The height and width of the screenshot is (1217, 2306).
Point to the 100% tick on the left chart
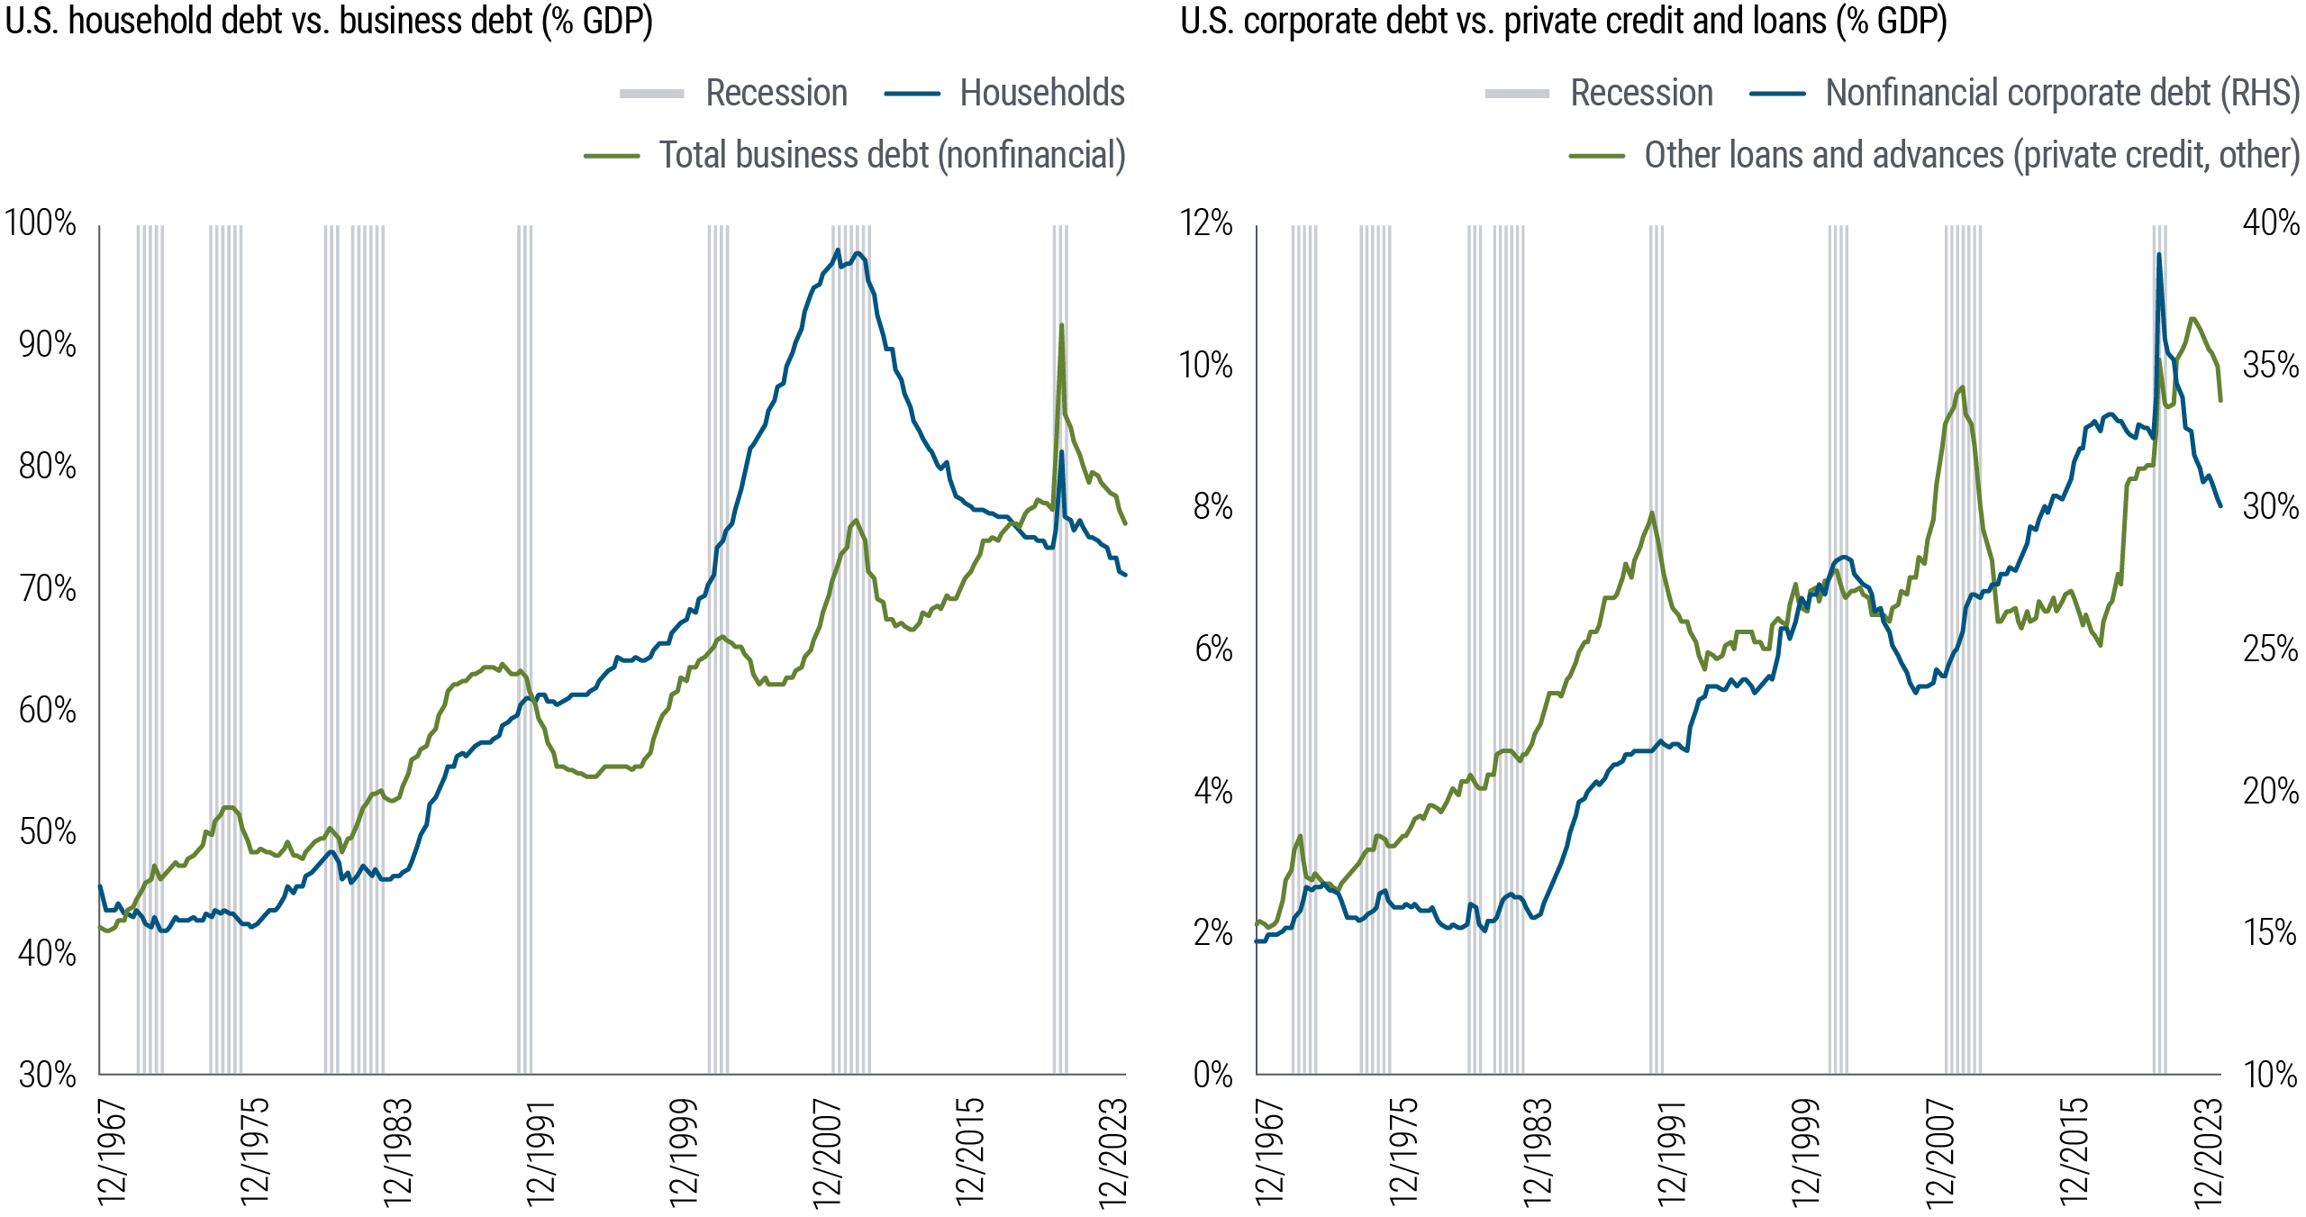tap(41, 223)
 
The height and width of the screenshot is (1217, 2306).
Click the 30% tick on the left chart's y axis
tap(47, 1074)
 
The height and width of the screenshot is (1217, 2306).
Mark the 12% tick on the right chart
tap(1205, 223)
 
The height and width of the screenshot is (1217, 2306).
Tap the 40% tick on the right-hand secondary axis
tap(2270, 223)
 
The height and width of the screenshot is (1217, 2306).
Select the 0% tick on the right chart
tap(1212, 1074)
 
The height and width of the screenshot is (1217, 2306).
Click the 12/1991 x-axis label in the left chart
tap(540, 1151)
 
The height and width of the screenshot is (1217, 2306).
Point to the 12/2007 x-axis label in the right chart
tap(1939, 1151)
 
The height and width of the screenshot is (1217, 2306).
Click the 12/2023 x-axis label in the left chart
tap(1112, 1151)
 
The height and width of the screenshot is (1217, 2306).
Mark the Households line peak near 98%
tap(838, 251)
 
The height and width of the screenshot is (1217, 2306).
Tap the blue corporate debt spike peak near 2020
tap(2158, 256)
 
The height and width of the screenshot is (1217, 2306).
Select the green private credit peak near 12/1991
tap(1652, 513)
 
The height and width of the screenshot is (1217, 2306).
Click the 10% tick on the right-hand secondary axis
tap(2270, 1074)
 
